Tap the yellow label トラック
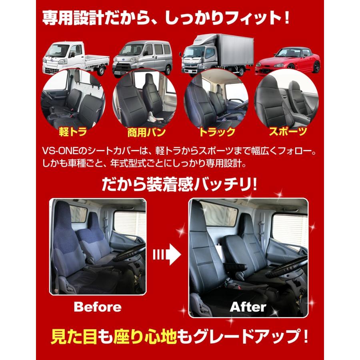tap(216, 132)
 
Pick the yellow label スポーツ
tap(287, 132)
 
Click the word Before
tap(98, 307)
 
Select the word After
tap(248, 307)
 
